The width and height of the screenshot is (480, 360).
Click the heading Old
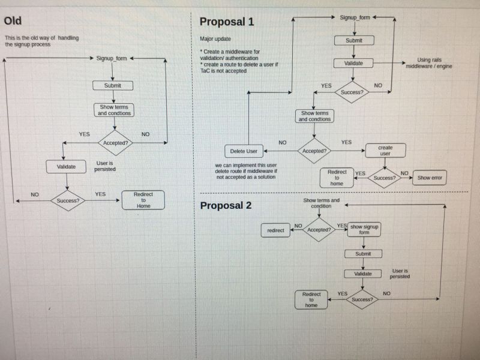click(13, 20)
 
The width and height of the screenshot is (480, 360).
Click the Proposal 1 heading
click(226, 22)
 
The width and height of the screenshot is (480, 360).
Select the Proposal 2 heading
click(226, 205)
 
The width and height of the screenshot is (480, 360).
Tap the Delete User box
click(244, 151)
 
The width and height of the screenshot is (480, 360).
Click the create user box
click(385, 151)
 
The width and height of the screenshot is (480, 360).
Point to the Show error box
click(430, 178)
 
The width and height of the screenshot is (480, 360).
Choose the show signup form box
click(364, 230)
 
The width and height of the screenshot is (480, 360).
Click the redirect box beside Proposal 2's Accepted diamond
click(275, 230)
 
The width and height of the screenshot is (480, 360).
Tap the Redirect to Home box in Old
click(143, 200)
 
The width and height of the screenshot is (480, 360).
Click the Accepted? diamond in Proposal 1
click(314, 151)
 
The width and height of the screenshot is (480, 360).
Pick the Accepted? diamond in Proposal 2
click(319, 230)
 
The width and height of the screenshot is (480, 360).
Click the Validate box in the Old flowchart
click(66, 166)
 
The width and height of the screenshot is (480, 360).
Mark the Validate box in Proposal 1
click(353, 63)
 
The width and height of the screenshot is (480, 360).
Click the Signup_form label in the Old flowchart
click(112, 58)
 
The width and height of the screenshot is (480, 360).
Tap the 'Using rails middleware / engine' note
click(428, 63)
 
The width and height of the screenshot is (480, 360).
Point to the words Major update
click(215, 39)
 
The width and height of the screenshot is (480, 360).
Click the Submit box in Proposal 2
click(363, 254)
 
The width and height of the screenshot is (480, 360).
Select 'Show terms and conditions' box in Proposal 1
click(315, 116)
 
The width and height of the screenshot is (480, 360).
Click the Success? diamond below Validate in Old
click(68, 200)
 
